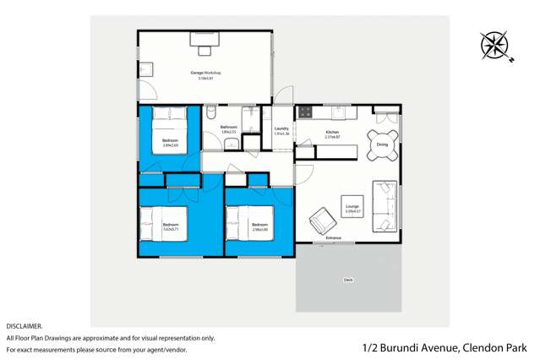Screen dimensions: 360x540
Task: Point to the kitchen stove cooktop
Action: pos(305,111)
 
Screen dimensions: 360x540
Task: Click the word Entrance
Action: pos(334,238)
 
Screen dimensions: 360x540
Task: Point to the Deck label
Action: pos(348,279)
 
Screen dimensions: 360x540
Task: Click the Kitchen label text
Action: pos(332,132)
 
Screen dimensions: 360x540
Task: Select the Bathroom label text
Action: pos(229,127)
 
